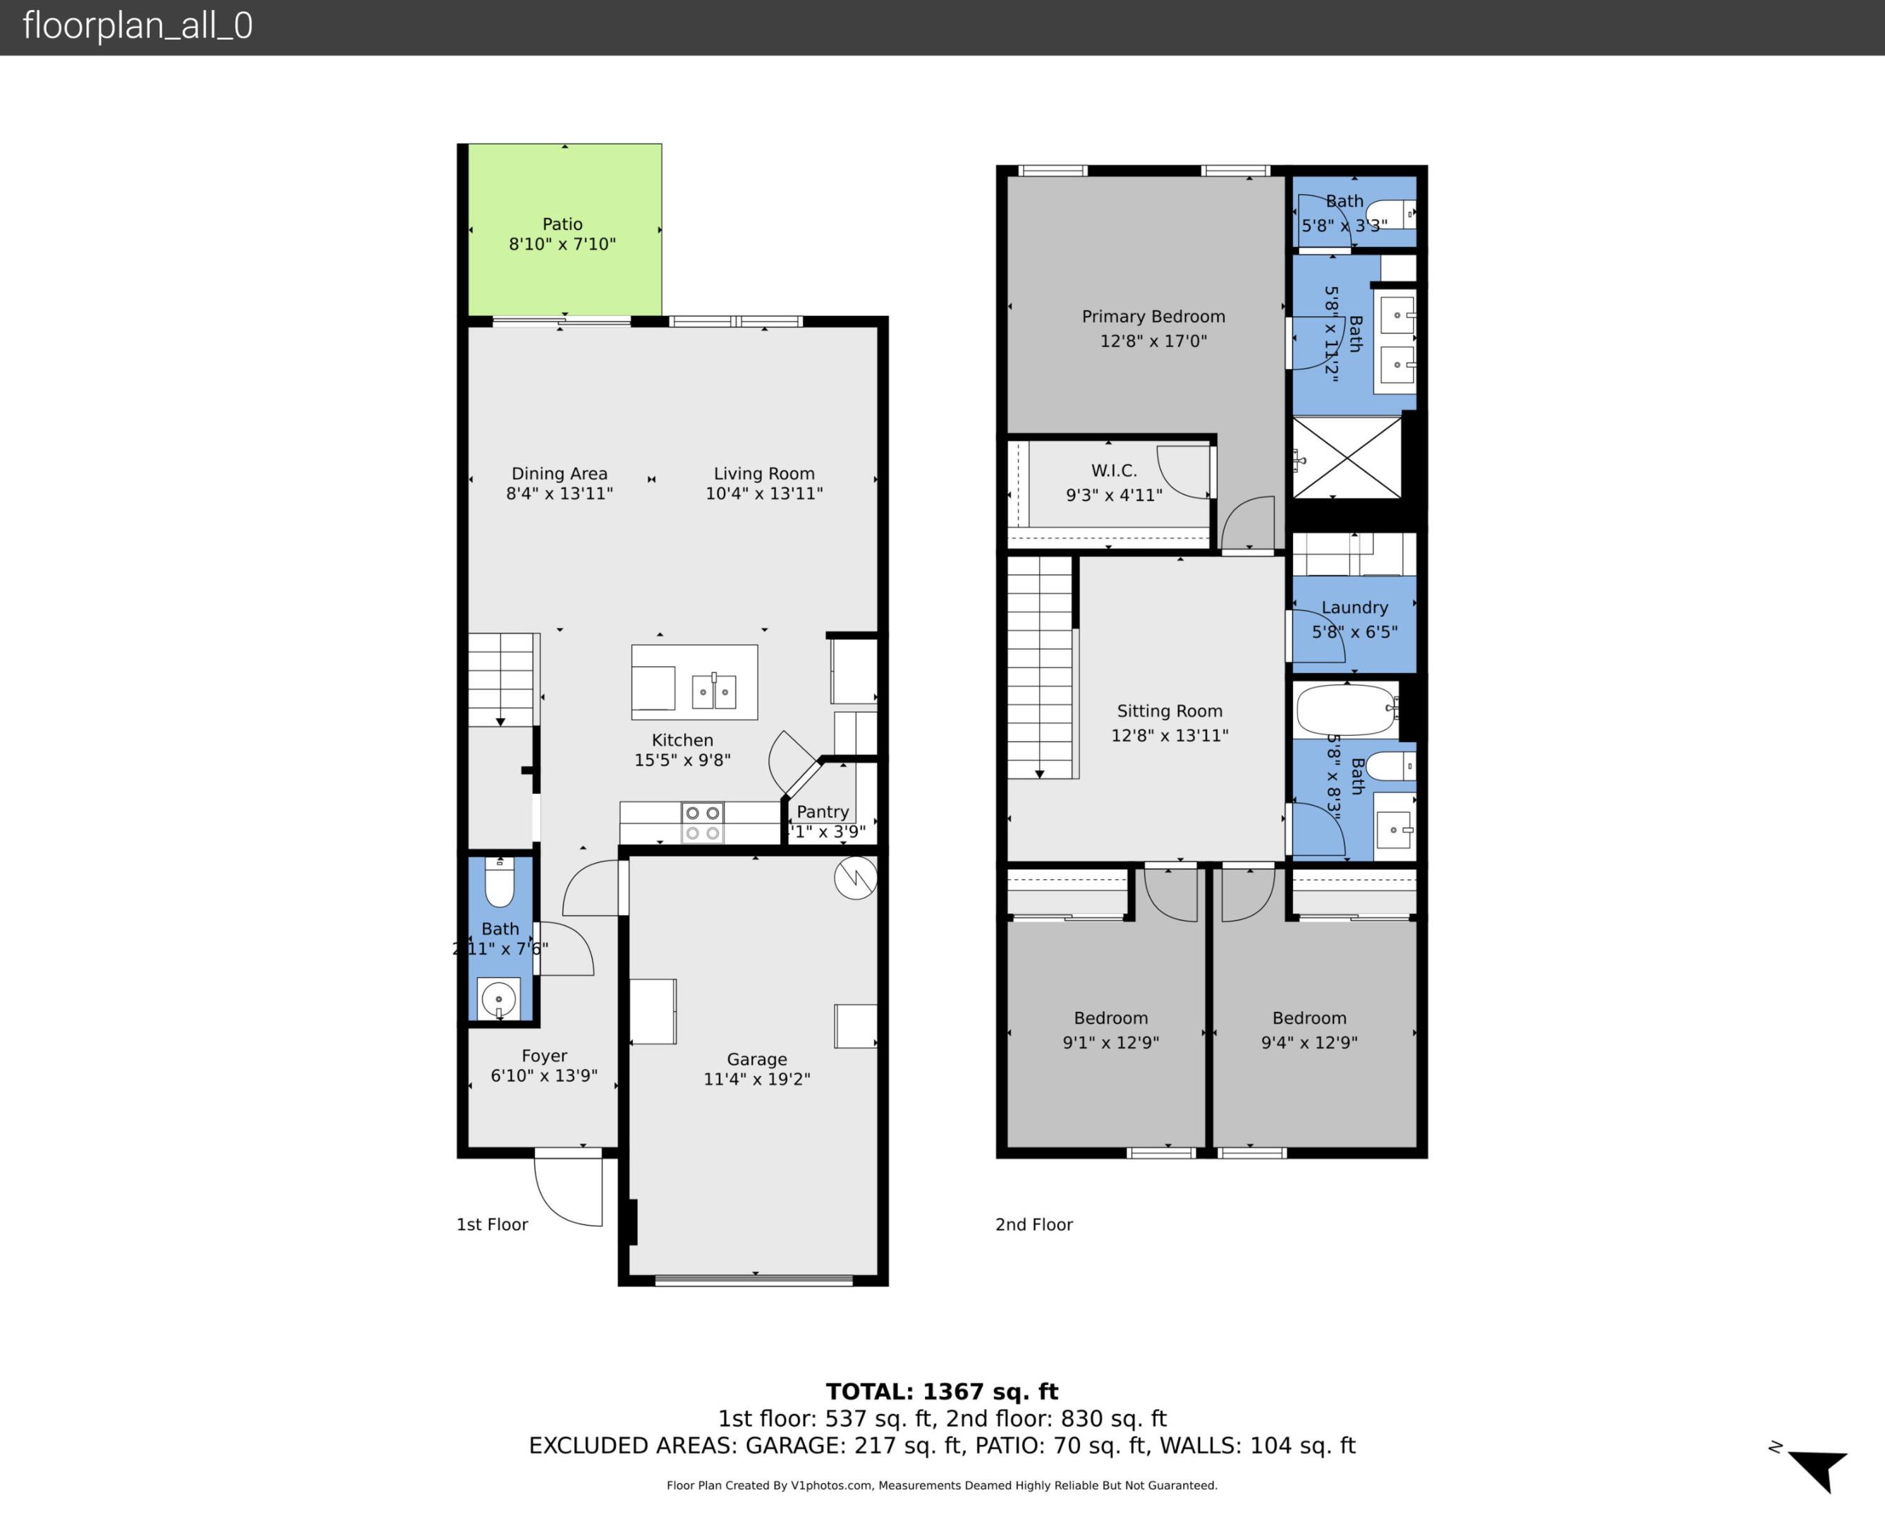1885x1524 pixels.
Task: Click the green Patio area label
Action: [562, 225]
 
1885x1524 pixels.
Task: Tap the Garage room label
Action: [756, 1060]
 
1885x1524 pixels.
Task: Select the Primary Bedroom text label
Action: [1153, 317]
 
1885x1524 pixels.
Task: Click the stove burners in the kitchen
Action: [702, 823]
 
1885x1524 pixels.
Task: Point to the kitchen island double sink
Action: [713, 691]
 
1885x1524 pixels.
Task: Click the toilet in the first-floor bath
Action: [499, 882]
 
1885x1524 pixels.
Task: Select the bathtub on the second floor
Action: [1346, 709]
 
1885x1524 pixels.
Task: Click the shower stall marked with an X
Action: [1347, 457]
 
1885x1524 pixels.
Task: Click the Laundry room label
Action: [1354, 607]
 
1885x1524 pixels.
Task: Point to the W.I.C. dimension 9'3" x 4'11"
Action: [1114, 495]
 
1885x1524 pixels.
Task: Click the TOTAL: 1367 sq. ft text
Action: [942, 1391]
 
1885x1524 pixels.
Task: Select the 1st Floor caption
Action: [492, 1225]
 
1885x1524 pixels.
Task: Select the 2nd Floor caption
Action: [1034, 1225]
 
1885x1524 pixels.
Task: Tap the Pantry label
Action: [823, 812]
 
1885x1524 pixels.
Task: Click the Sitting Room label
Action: [1169, 711]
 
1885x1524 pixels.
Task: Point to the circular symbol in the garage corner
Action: [855, 878]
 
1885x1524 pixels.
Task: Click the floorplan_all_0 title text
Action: [138, 25]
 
